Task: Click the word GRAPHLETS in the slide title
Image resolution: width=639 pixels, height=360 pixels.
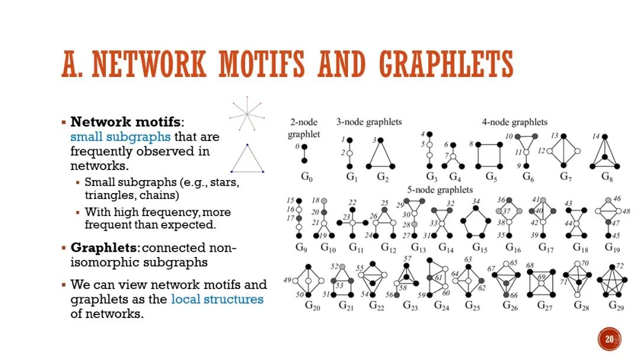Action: (446, 65)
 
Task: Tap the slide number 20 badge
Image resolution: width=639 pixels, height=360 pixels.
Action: (609, 339)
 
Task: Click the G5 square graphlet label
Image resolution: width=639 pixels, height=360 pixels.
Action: (491, 176)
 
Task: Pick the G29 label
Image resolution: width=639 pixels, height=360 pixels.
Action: (617, 306)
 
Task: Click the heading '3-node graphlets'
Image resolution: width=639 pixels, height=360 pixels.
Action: (369, 122)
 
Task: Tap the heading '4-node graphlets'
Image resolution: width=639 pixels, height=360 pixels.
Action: (514, 122)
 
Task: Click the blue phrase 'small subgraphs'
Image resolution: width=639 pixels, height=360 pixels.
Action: (120, 137)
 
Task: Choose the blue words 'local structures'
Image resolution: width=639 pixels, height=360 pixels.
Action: (217, 299)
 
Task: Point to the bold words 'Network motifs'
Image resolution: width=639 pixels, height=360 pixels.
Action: (126, 122)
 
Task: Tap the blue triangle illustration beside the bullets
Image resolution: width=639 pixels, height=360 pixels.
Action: (247, 159)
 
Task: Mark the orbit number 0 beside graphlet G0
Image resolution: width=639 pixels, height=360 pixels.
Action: (297, 145)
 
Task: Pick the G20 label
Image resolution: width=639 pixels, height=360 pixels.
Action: (312, 306)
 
